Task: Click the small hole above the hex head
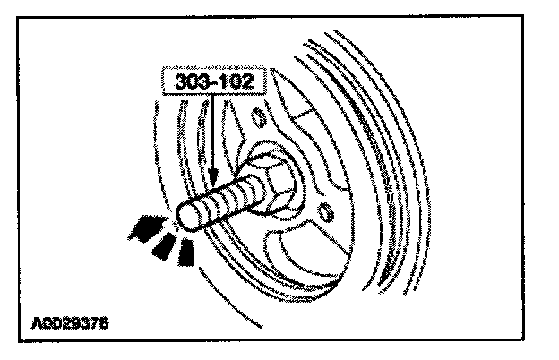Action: (x=259, y=116)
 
